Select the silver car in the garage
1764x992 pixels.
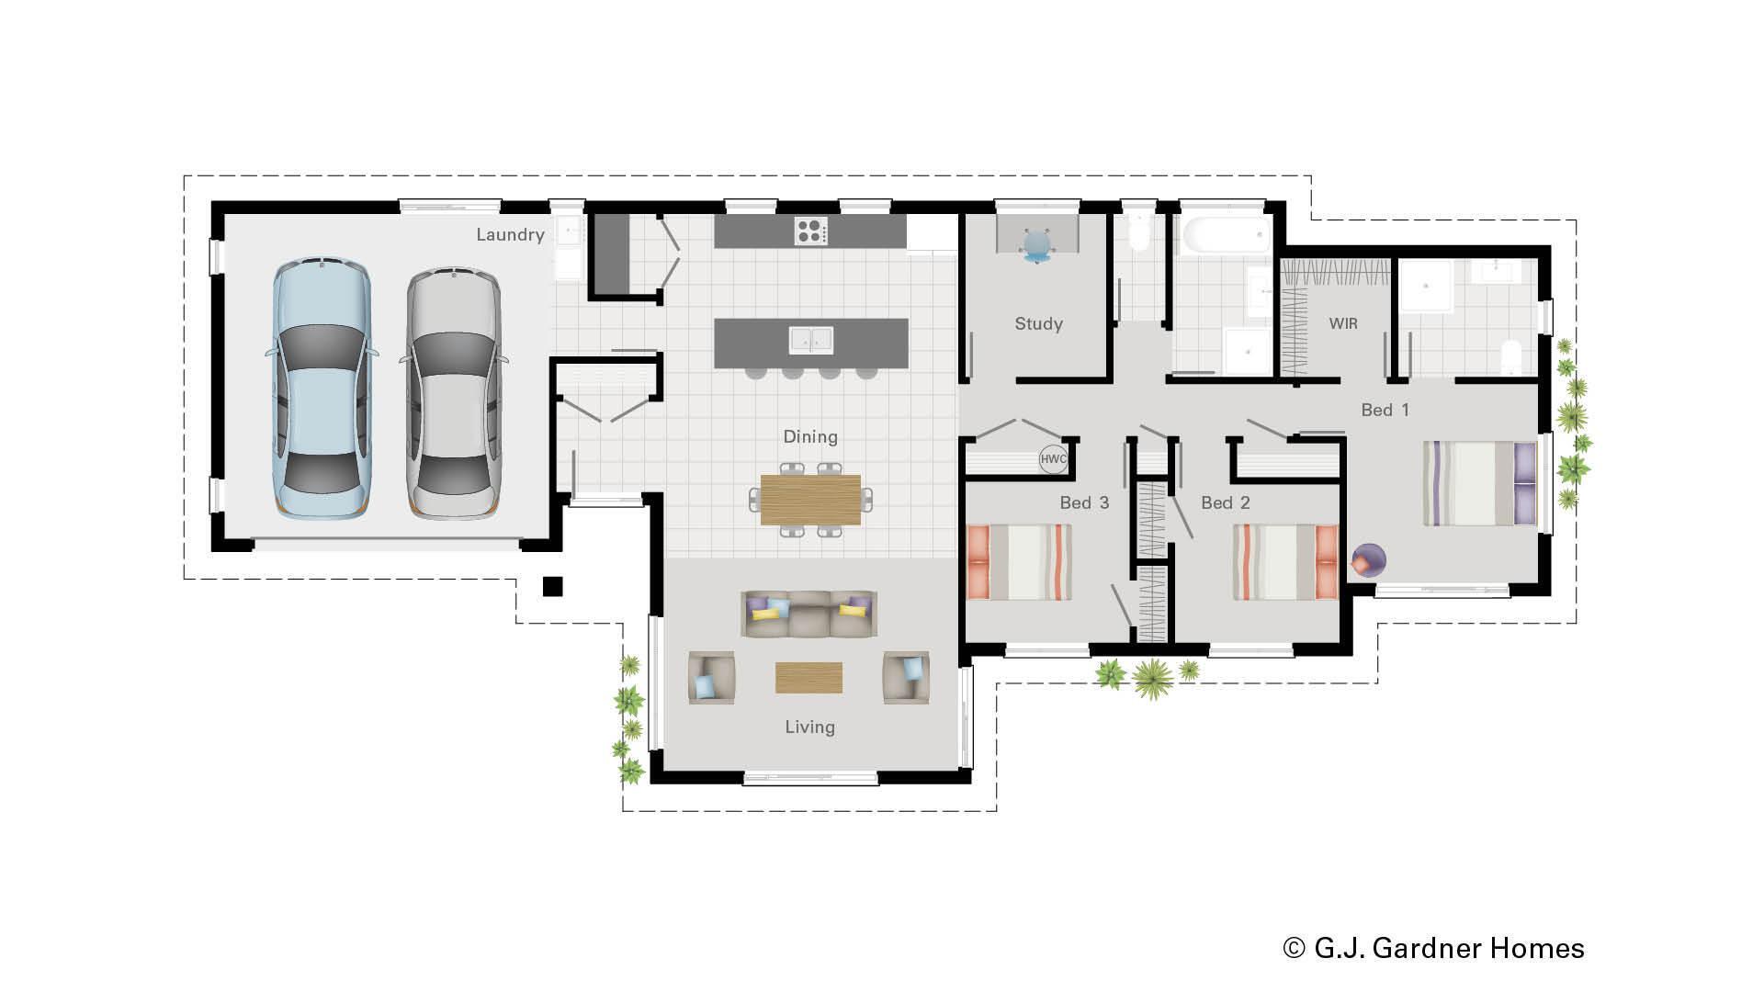pos(454,393)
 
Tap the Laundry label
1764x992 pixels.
pos(510,235)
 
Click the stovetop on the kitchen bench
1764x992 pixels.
pos(810,231)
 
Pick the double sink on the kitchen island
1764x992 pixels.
pos(810,340)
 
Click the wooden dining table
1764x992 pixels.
pos(810,500)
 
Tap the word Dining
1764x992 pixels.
pos(810,437)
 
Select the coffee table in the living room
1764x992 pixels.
pos(808,678)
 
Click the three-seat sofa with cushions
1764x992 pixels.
pos(808,614)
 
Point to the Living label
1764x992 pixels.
pos(809,727)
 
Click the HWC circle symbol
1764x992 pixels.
pos(1053,459)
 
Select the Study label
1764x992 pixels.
pos(1038,324)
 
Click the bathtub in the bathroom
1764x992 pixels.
pos(1226,236)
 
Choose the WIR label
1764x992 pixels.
pos(1342,324)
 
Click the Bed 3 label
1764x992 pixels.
pos(1084,503)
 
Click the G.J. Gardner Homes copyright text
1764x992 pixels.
pos(1433,948)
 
